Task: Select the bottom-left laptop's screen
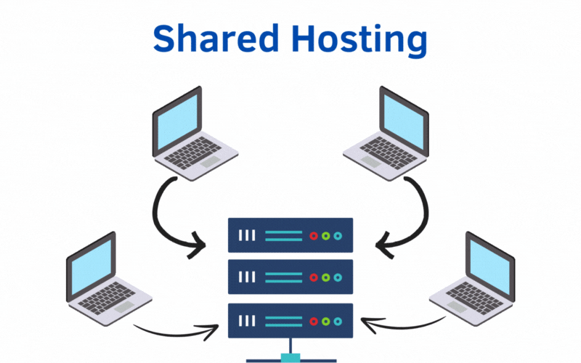point(90,266)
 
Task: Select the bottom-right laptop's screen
point(490,266)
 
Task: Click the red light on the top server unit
point(314,236)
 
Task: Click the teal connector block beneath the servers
point(290,356)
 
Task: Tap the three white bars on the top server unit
point(248,236)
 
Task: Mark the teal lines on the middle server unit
point(283,277)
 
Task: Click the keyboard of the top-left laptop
point(190,153)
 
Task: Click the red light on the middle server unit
point(314,277)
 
